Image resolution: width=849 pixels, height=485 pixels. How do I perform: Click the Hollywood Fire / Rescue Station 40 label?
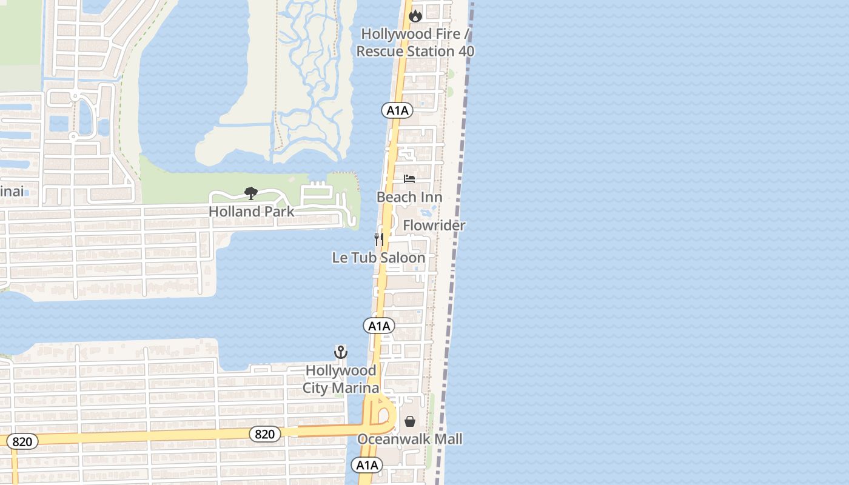415,42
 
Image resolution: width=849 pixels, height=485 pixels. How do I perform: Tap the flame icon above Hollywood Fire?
415,16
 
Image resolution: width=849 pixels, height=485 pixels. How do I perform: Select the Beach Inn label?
409,197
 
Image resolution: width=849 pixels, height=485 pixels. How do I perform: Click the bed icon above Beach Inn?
409,179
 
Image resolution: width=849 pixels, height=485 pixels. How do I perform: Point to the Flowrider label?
434,226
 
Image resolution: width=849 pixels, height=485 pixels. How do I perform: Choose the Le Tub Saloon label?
378,258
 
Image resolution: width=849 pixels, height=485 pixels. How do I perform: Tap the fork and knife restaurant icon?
379,239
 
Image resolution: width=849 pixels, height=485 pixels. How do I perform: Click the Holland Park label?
251,212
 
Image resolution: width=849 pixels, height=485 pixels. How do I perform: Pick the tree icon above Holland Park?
251,193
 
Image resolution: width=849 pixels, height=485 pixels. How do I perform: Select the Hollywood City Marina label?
341,379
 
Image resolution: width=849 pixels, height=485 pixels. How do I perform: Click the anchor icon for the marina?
341,352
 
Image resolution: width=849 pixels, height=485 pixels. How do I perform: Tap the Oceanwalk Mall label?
410,439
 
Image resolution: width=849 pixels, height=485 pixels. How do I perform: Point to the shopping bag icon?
410,421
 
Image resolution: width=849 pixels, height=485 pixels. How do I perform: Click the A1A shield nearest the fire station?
397,110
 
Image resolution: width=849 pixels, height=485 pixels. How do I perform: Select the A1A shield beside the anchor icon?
379,326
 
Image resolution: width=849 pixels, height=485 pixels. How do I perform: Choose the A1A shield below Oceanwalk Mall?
367,466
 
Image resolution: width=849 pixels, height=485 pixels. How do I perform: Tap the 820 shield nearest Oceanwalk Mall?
265,434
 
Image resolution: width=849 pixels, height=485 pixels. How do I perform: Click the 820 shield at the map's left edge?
22,441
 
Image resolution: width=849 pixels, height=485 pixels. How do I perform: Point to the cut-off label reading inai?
12,192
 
